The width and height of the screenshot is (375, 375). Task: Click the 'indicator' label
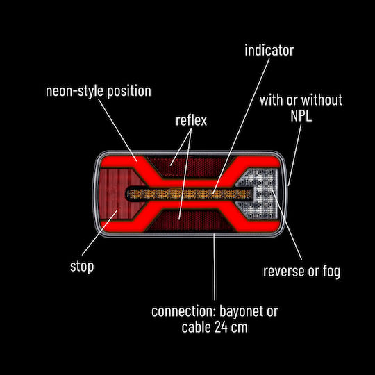pos(269,50)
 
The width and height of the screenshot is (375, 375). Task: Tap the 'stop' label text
pos(82,266)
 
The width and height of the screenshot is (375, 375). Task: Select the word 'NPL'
pos(301,116)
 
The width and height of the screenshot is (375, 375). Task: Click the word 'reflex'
pos(191,120)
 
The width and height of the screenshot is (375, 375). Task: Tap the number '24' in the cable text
pos(221,327)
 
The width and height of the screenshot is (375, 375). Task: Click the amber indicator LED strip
pos(189,194)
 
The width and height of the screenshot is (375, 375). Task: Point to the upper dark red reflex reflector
pos(189,166)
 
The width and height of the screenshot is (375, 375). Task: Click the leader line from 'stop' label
pos(100,233)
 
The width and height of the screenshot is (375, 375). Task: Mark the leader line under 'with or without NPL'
pos(294,155)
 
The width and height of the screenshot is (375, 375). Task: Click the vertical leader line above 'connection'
pos(215,267)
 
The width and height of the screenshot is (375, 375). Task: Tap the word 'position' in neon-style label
pos(129,92)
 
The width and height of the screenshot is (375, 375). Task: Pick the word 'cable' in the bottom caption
pos(197,327)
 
